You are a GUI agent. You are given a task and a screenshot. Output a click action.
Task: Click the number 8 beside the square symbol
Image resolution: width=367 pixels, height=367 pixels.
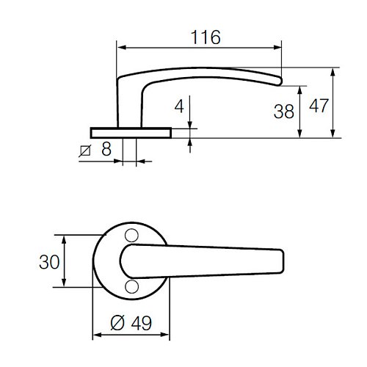click(106, 150)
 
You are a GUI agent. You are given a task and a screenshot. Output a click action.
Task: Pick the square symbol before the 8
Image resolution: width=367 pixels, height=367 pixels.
click(84, 151)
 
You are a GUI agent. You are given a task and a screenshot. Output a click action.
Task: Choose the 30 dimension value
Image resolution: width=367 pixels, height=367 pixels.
click(49, 261)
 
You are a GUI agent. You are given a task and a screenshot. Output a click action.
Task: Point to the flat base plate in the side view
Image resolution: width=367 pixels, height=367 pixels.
click(131, 132)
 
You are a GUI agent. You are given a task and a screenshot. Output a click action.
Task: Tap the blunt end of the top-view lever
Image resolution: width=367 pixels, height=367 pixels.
click(280, 261)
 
